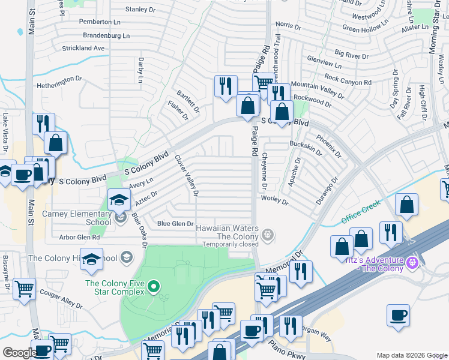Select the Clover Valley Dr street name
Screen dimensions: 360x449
[x=186, y=176]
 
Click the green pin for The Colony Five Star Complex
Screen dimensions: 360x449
[x=154, y=287]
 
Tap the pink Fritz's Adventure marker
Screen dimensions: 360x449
[x=411, y=263]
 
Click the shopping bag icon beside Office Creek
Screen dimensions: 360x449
[x=407, y=204]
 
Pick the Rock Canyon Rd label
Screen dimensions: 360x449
[x=348, y=78]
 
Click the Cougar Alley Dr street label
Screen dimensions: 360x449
[x=60, y=297]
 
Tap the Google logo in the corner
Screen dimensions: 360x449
[x=19, y=353]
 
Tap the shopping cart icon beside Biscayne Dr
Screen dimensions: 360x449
[x=24, y=289]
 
